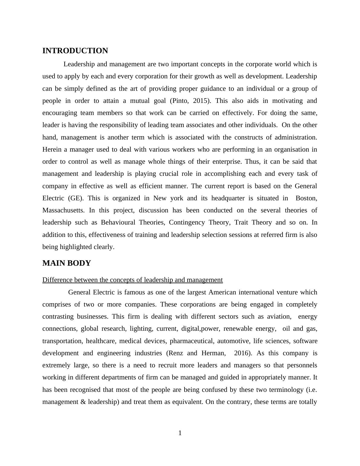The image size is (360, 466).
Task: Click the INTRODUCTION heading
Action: pyautogui.click(x=75, y=51)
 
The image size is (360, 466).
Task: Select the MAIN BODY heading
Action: pyautogui.click(x=67, y=263)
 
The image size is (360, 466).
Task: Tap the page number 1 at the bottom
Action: pyautogui.click(x=180, y=433)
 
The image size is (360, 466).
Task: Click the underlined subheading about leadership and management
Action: pyautogui.click(x=133, y=280)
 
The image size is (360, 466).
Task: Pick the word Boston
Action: pyautogui.click(x=306, y=198)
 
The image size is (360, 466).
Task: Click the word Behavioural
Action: pyautogui.click(x=118, y=222)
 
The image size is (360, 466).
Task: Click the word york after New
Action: pyautogui.click(x=176, y=198)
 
